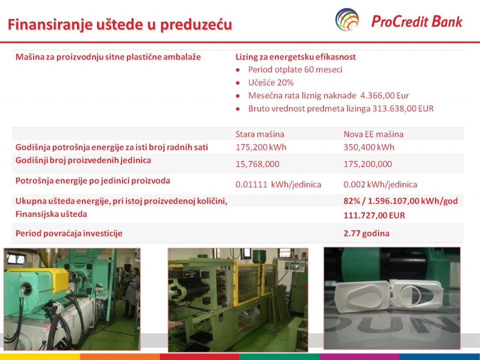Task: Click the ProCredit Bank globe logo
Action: pyautogui.click(x=347, y=19)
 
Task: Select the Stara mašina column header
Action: pyautogui.click(x=259, y=134)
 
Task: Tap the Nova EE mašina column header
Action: pyautogui.click(x=373, y=134)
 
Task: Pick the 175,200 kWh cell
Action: pyautogui.click(x=261, y=147)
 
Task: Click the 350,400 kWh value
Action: pyautogui.click(x=369, y=147)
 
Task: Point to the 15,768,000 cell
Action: pyautogui.click(x=257, y=164)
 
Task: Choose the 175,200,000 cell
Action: pyautogui.click(x=367, y=164)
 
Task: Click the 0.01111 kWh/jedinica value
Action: pyautogui.click(x=278, y=184)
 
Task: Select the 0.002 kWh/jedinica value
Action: pyautogui.click(x=380, y=184)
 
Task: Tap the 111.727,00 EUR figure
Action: pyautogui.click(x=374, y=215)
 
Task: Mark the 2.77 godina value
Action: pyautogui.click(x=366, y=233)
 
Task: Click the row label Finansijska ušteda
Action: pyautogui.click(x=51, y=214)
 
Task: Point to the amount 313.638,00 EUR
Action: pyautogui.click(x=403, y=108)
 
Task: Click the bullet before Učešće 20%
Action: pyautogui.click(x=238, y=83)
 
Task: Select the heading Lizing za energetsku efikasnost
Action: pyautogui.click(x=295, y=57)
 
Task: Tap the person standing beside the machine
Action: pyautogui.click(x=131, y=292)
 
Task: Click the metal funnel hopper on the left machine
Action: pyautogui.click(x=48, y=257)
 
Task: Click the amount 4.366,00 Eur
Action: pyautogui.click(x=384, y=96)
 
